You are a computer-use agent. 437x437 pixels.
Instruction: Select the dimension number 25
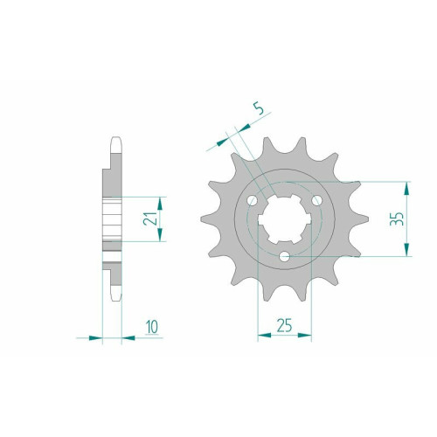[284, 325]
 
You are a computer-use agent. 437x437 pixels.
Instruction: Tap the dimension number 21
[150, 218]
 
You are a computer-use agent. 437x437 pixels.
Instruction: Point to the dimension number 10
[152, 327]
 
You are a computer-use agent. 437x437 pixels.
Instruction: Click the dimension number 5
[259, 108]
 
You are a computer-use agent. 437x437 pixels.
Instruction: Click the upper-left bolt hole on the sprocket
[253, 200]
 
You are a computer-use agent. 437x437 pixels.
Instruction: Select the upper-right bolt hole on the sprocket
[317, 200]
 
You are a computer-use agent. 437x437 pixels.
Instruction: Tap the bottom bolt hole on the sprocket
[285, 257]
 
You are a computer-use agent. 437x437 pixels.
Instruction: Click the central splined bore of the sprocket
[285, 219]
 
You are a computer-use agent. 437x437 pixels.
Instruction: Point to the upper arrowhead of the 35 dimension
[407, 189]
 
